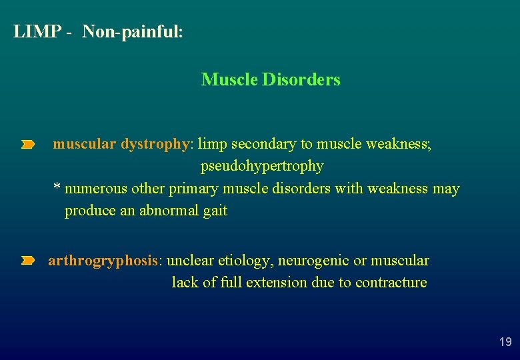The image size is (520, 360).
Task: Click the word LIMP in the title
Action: (37, 32)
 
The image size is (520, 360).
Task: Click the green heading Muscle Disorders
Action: (271, 80)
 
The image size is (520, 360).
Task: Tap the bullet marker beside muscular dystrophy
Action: (27, 144)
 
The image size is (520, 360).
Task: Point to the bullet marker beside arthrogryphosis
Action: (27, 261)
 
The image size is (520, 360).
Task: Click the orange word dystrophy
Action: (156, 144)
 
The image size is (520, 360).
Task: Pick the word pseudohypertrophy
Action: (262, 166)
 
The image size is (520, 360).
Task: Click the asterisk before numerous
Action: (57, 187)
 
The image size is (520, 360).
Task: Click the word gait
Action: (215, 211)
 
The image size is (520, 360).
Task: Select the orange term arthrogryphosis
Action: (103, 261)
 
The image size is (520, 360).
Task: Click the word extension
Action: (277, 283)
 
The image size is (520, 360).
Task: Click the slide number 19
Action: (505, 342)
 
